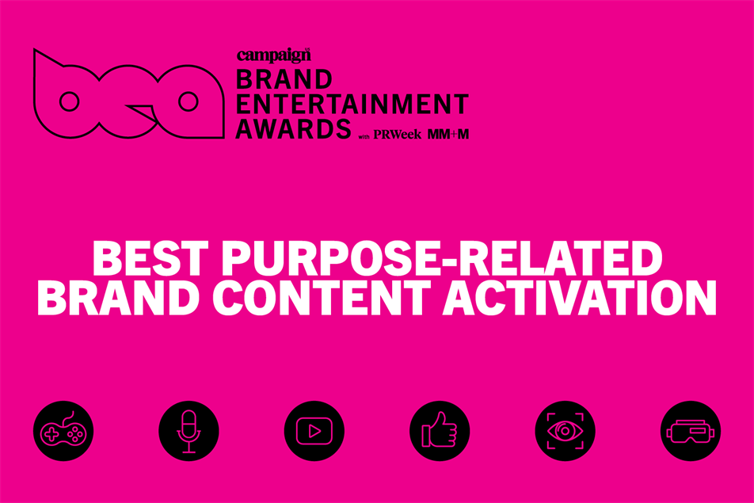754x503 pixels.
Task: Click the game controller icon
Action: coord(63,431)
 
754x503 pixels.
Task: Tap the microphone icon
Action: coord(188,431)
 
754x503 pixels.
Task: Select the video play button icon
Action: coord(314,431)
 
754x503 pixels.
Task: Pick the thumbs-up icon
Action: coord(440,431)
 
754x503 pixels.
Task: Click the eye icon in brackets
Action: coord(565,431)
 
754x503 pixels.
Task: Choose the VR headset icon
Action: coord(691,431)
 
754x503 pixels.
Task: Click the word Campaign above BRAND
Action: coord(273,55)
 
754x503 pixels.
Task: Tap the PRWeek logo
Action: coord(398,135)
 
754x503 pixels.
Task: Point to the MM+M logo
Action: coord(448,135)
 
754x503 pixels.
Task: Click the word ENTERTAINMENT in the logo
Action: coord(352,105)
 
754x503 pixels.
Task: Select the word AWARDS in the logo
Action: coord(294,129)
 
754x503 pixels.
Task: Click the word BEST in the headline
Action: coord(150,259)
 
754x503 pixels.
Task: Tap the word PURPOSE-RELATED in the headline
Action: coord(441,259)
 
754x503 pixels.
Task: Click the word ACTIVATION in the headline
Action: coord(579,299)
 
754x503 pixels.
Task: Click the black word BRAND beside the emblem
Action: coord(284,80)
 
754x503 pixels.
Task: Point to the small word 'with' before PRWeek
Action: coord(364,137)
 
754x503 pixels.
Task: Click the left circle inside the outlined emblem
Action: coord(70,101)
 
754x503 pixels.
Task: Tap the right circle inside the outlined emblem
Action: coord(188,101)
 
